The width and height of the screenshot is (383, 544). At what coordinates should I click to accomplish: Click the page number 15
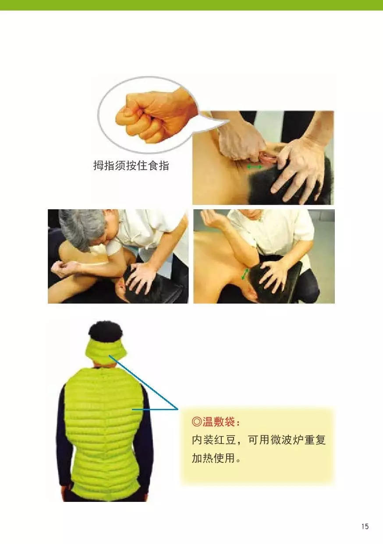365,526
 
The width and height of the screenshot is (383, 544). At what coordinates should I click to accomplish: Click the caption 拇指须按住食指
131,166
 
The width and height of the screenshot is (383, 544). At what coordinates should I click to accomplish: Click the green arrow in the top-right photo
255,167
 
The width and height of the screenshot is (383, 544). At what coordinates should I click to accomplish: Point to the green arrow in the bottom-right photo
245,274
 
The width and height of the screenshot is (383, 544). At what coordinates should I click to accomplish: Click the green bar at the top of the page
191,5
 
